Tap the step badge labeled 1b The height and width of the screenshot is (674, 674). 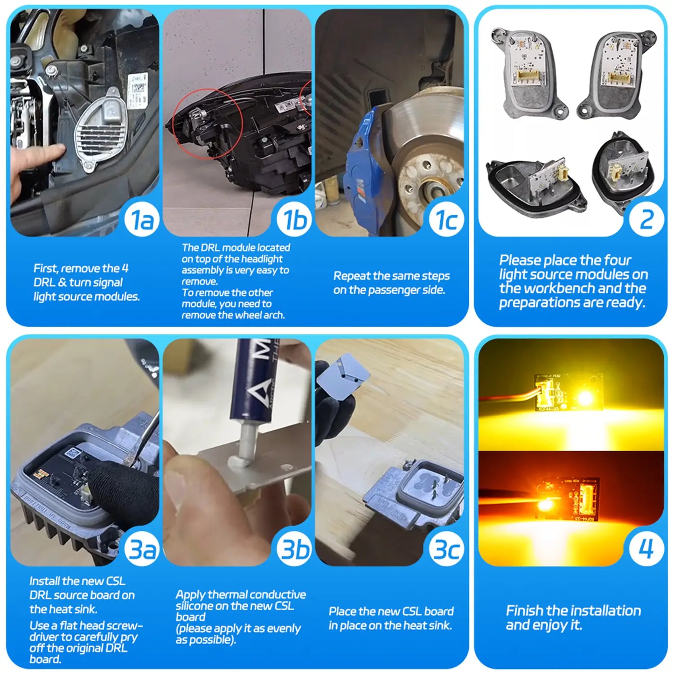tap(294, 220)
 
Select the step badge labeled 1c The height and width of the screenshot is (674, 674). tap(446, 220)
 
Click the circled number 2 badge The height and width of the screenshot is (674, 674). tap(646, 219)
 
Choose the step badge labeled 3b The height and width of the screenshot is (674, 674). tap(294, 549)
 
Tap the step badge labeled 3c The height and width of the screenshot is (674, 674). tap(446, 549)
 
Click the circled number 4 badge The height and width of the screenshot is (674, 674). tap(646, 549)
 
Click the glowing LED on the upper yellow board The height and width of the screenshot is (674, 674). tap(584, 398)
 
